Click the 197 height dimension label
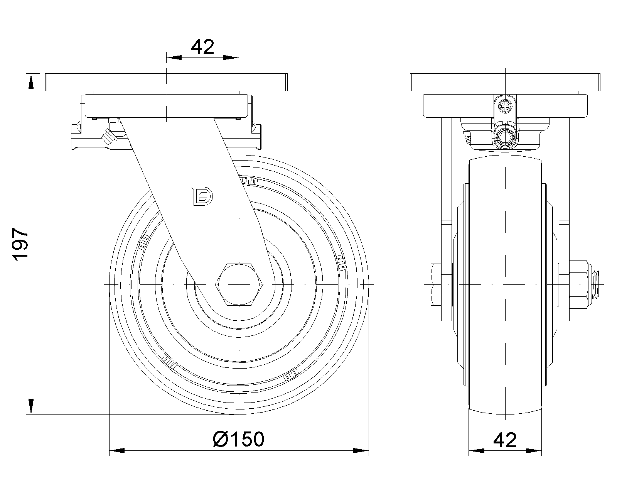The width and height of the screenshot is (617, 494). click(x=20, y=245)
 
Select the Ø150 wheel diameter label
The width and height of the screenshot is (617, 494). click(x=239, y=439)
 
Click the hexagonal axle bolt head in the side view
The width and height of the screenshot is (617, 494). click(x=239, y=285)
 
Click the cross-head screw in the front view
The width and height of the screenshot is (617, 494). click(x=505, y=105)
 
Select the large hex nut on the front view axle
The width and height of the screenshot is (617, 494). click(x=579, y=284)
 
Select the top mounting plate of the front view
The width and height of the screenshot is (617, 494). click(x=505, y=82)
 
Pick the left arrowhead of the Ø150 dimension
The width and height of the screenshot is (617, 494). click(x=117, y=450)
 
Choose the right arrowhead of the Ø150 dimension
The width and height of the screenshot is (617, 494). click(x=361, y=450)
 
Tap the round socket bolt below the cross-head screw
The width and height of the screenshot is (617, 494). click(x=505, y=137)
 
